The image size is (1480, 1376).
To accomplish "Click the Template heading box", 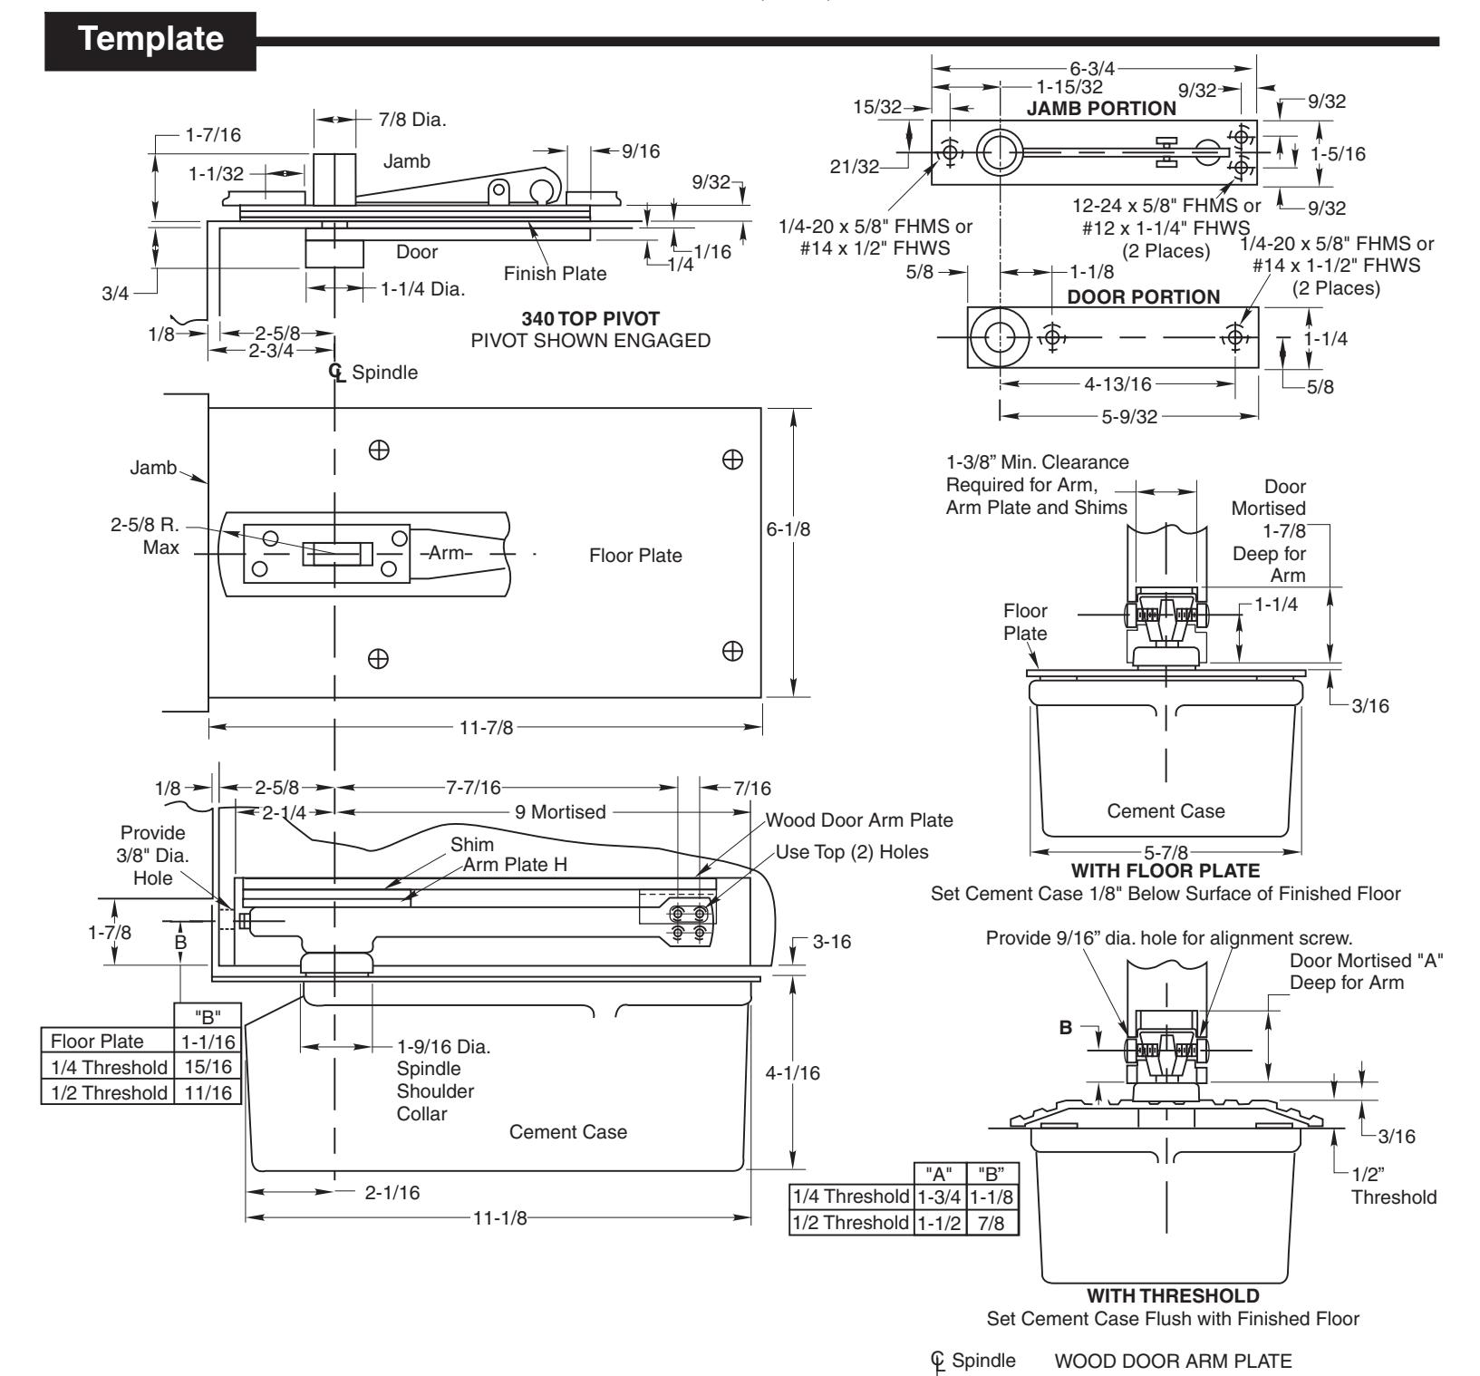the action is point(150,40).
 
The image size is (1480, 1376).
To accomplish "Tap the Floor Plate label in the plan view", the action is point(635,556).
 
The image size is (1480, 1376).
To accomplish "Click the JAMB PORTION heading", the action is point(1101,109).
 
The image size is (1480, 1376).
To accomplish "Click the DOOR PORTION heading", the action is point(1144,297).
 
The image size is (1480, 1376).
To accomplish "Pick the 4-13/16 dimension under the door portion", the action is point(1117,384).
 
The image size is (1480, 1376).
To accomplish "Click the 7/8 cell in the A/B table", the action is point(992,1222).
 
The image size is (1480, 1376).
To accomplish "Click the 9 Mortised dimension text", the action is point(560,812).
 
